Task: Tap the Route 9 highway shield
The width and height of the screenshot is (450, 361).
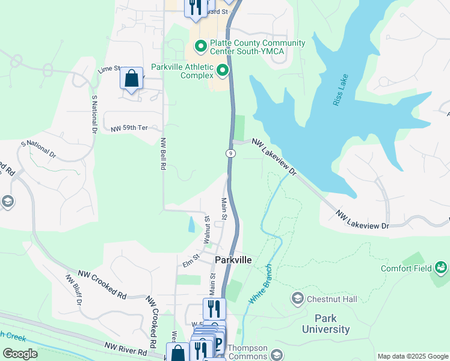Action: click(x=230, y=153)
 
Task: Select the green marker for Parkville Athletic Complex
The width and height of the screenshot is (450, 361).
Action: click(x=223, y=72)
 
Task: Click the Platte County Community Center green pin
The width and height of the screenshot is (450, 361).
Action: click(x=200, y=46)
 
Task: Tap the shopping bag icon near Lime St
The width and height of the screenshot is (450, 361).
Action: click(x=131, y=79)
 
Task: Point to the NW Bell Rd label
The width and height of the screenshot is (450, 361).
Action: click(x=163, y=154)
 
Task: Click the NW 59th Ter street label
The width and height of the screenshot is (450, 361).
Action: click(x=130, y=129)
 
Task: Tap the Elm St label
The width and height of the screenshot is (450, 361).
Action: click(x=191, y=262)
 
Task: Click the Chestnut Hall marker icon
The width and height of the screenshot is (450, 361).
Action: click(x=297, y=298)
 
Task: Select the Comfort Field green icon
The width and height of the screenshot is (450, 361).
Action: click(x=442, y=267)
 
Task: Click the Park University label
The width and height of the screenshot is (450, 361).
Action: click(x=325, y=324)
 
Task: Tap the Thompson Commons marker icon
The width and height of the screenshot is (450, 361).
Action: click(x=277, y=354)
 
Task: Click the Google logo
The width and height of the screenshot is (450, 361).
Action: click(x=20, y=354)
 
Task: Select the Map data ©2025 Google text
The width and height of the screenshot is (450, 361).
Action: click(x=412, y=356)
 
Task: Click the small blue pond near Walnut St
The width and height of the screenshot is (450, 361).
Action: click(x=191, y=224)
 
